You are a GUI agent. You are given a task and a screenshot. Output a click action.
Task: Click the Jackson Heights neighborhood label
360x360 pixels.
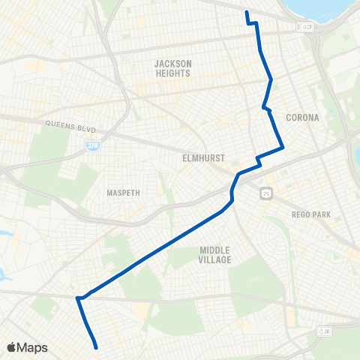point(173,68)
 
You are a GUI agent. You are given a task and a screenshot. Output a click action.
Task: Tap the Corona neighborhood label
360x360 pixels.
point(302,118)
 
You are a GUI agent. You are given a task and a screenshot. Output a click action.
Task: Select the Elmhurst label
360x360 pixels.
point(199,159)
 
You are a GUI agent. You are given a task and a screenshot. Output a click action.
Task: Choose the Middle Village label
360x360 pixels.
point(215,255)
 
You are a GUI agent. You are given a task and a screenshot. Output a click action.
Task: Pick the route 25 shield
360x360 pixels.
point(266,194)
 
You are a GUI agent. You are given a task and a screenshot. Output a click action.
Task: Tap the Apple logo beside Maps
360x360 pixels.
point(11,347)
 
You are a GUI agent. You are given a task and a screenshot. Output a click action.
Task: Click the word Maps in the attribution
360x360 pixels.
point(34,347)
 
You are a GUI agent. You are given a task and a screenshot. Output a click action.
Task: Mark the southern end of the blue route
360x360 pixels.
point(97,347)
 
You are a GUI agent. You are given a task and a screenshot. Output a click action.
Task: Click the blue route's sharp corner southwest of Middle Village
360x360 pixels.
point(77,298)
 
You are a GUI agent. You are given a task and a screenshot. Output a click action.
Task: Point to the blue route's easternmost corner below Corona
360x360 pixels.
point(283,148)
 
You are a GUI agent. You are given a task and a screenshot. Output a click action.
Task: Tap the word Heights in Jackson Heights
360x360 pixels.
point(173,73)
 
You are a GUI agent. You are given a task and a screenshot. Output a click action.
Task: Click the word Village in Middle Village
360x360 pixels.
point(215,259)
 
